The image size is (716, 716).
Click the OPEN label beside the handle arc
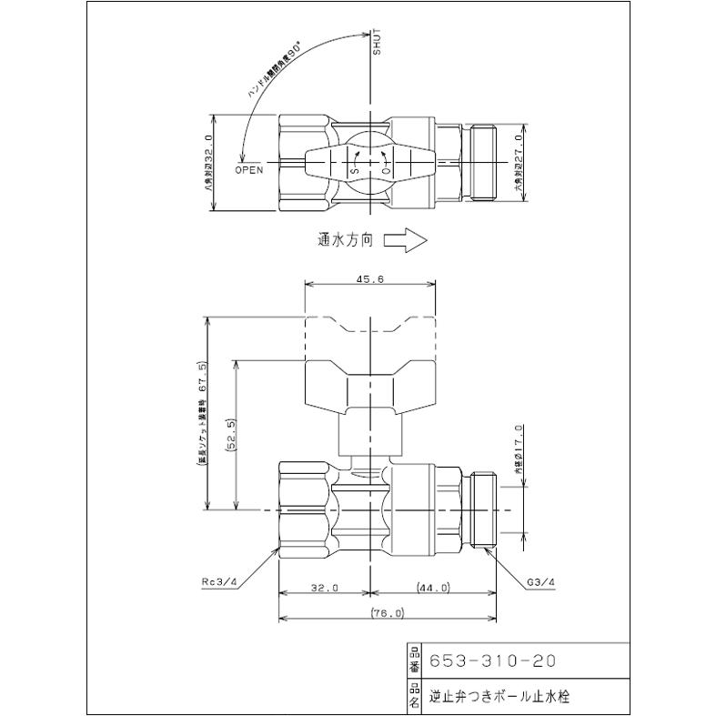pos(248,169)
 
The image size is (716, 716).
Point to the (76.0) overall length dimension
pos(388,614)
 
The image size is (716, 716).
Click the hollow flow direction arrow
pos(406,241)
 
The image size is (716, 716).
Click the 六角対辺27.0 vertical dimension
pos(517,163)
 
